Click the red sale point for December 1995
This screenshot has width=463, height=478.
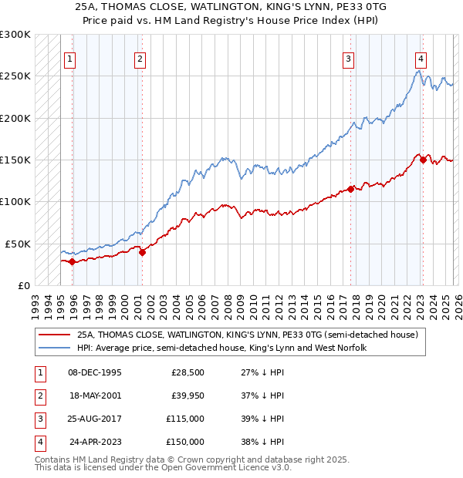point(72,261)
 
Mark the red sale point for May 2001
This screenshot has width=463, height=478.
point(142,252)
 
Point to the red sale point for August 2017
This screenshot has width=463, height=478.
point(350,189)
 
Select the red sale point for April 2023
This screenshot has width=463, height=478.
point(423,160)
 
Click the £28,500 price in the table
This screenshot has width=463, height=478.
point(188,372)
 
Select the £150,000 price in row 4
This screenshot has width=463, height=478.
point(185,442)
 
